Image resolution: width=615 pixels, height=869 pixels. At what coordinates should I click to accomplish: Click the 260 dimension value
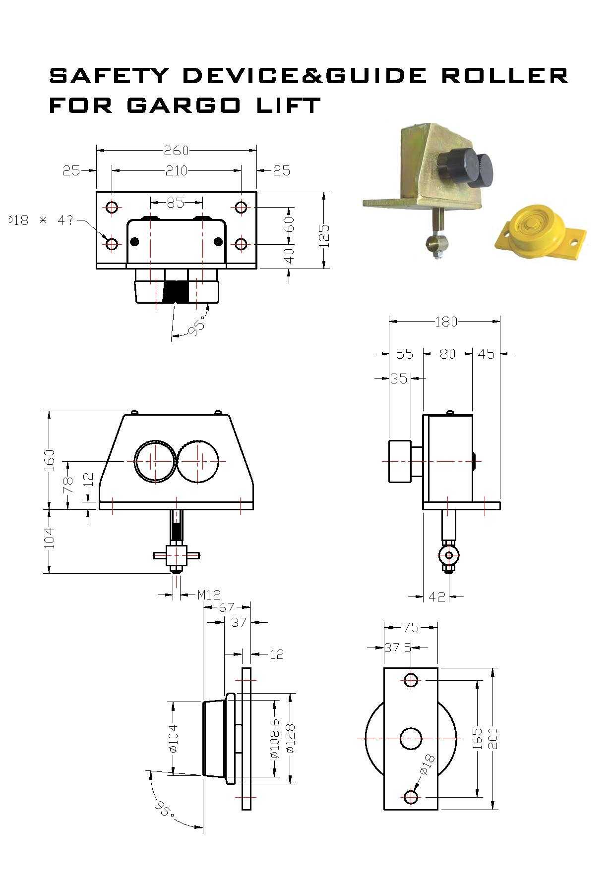point(176,150)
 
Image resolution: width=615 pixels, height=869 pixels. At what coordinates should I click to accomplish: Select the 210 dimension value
point(176,171)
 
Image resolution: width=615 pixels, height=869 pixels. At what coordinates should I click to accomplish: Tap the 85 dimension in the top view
point(175,203)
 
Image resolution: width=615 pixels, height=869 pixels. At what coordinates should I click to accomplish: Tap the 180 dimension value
point(446,322)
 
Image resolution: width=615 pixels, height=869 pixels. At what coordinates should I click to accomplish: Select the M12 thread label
point(208,595)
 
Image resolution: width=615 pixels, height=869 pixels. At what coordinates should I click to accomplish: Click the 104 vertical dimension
point(50,538)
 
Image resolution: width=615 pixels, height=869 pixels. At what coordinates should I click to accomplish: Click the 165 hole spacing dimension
point(478,738)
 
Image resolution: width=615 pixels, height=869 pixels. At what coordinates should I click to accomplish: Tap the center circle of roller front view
point(411,738)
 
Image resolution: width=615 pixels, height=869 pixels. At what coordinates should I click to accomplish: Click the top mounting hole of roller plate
point(411,680)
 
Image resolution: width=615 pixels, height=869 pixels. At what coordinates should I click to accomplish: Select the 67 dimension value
point(227,607)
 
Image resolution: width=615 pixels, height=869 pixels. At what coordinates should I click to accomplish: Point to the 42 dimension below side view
point(437,597)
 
